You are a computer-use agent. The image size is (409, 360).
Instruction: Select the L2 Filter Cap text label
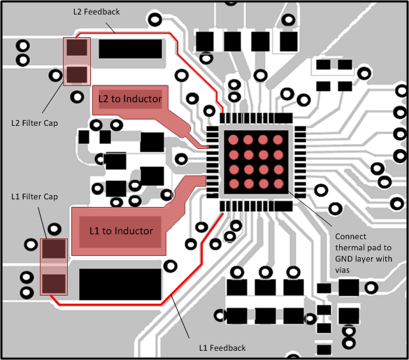click(x=35, y=123)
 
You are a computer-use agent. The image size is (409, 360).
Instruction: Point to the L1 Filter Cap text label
click(x=35, y=196)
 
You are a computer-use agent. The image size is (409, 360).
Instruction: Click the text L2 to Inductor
click(x=130, y=99)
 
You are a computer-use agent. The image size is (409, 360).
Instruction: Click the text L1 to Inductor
click(x=121, y=230)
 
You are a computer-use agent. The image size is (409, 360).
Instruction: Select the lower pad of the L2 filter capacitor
click(x=77, y=73)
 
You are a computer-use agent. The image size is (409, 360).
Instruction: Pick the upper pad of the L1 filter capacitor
click(x=54, y=250)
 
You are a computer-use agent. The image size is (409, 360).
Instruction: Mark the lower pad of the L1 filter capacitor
click(x=54, y=282)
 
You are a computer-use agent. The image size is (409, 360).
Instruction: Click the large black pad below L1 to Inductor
click(x=121, y=282)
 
